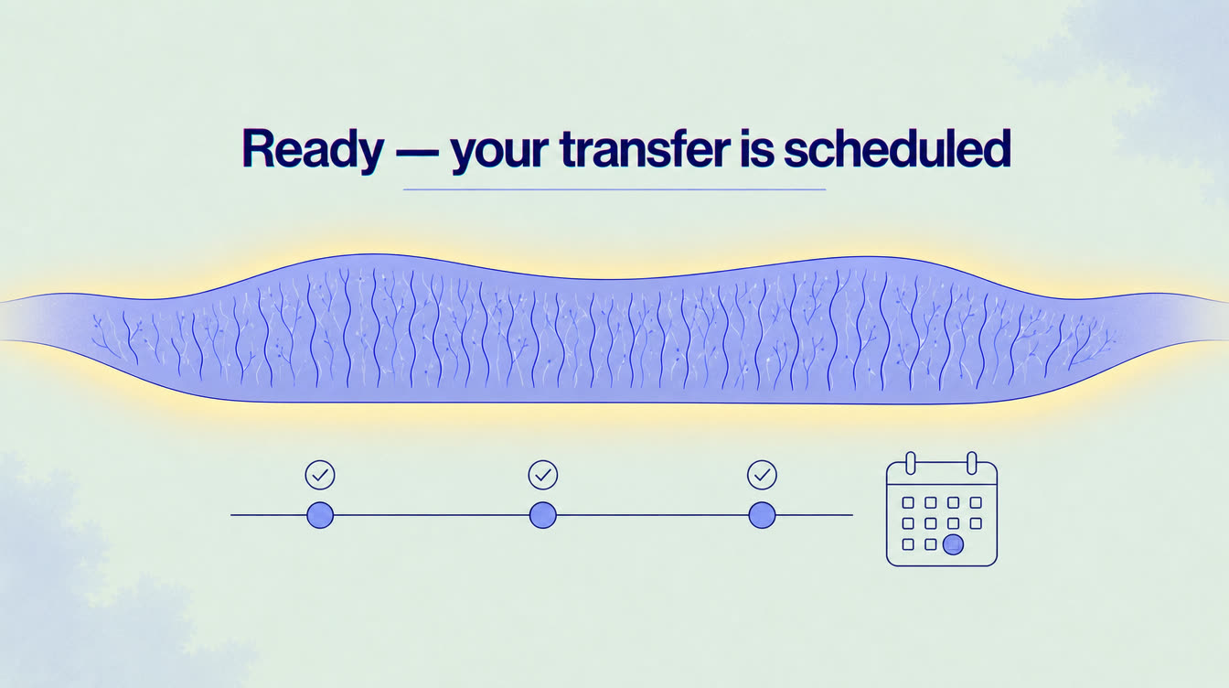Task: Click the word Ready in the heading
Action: click(313, 148)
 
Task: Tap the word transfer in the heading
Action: click(646, 148)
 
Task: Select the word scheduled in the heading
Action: click(897, 148)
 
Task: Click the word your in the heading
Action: click(500, 152)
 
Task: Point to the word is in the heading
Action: click(757, 148)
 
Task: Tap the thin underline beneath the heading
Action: click(614, 189)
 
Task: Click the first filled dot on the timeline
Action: click(320, 515)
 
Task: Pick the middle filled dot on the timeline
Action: click(542, 515)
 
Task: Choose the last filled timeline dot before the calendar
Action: click(762, 515)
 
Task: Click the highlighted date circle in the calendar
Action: click(953, 544)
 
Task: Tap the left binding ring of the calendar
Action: click(911, 463)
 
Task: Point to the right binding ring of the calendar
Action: click(972, 463)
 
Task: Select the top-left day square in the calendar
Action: click(908, 502)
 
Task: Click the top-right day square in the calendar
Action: click(976, 502)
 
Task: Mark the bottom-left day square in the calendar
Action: click(908, 544)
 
